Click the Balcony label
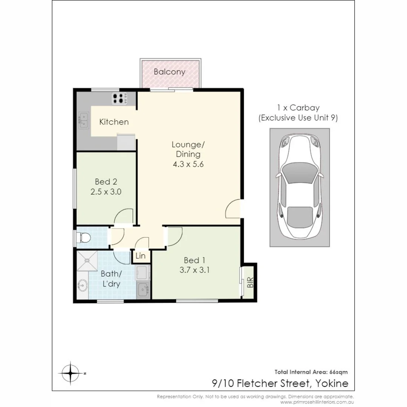[169, 72]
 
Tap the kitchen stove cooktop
[118, 98]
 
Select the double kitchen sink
[83, 119]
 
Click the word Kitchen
[114, 122]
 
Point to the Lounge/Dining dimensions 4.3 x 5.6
[188, 164]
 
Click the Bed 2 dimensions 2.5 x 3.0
[106, 191]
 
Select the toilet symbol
[83, 238]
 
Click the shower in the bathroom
[87, 261]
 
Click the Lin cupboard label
[141, 256]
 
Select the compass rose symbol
[71, 373]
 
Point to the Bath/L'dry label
[110, 279]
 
